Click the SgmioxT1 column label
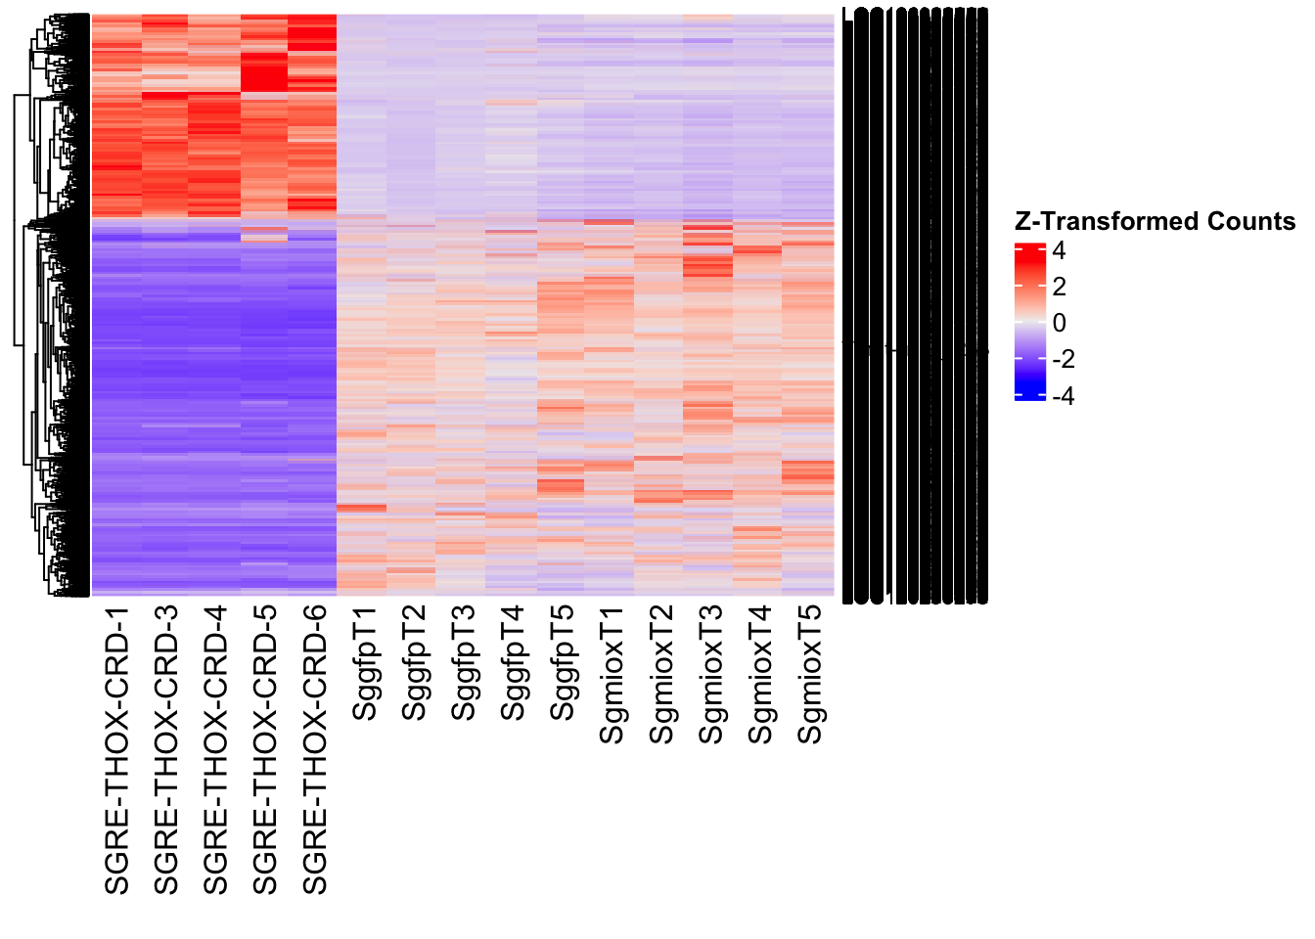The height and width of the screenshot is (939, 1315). pos(612,676)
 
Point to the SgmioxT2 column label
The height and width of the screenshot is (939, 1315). pos(661,676)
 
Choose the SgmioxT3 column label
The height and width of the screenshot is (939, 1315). pos(710,676)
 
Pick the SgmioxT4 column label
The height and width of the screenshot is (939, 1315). pos(760,676)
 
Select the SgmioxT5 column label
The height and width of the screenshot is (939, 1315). pos(810,676)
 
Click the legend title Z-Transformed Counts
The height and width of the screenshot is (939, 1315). pos(1155,222)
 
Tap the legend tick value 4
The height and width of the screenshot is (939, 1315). pos(1059,251)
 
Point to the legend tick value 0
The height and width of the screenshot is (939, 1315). pos(1059,324)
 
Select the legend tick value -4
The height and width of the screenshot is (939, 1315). pos(1063,396)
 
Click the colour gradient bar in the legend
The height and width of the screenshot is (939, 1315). pos(1030,322)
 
